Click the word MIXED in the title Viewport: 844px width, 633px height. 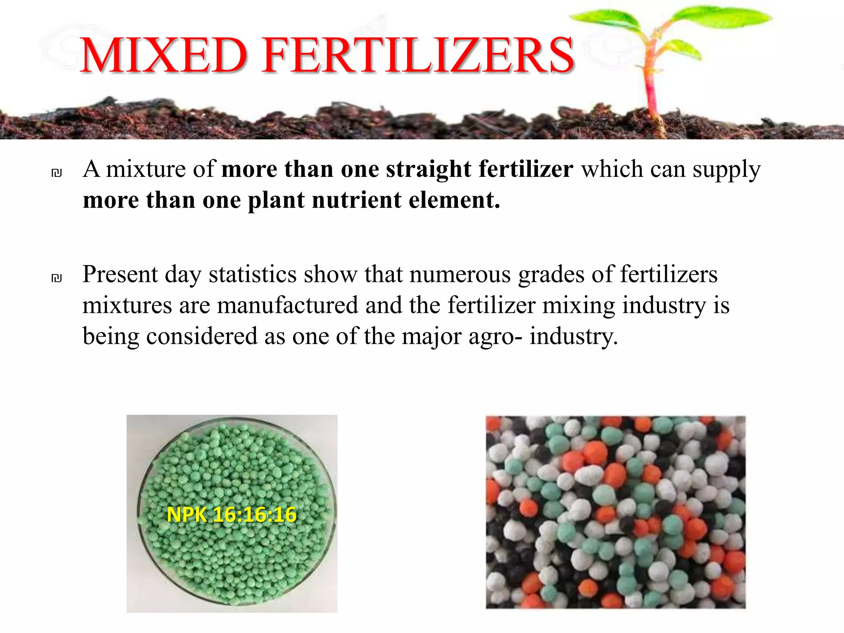coord(164,55)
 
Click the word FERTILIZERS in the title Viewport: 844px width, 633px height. coord(418,55)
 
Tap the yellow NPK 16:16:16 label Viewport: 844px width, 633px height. coord(232,515)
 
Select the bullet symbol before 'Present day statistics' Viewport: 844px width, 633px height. coord(57,278)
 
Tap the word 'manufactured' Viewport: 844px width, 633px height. coord(287,305)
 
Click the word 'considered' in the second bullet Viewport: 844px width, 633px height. coord(202,336)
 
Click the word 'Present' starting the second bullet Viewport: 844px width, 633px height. coord(120,274)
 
